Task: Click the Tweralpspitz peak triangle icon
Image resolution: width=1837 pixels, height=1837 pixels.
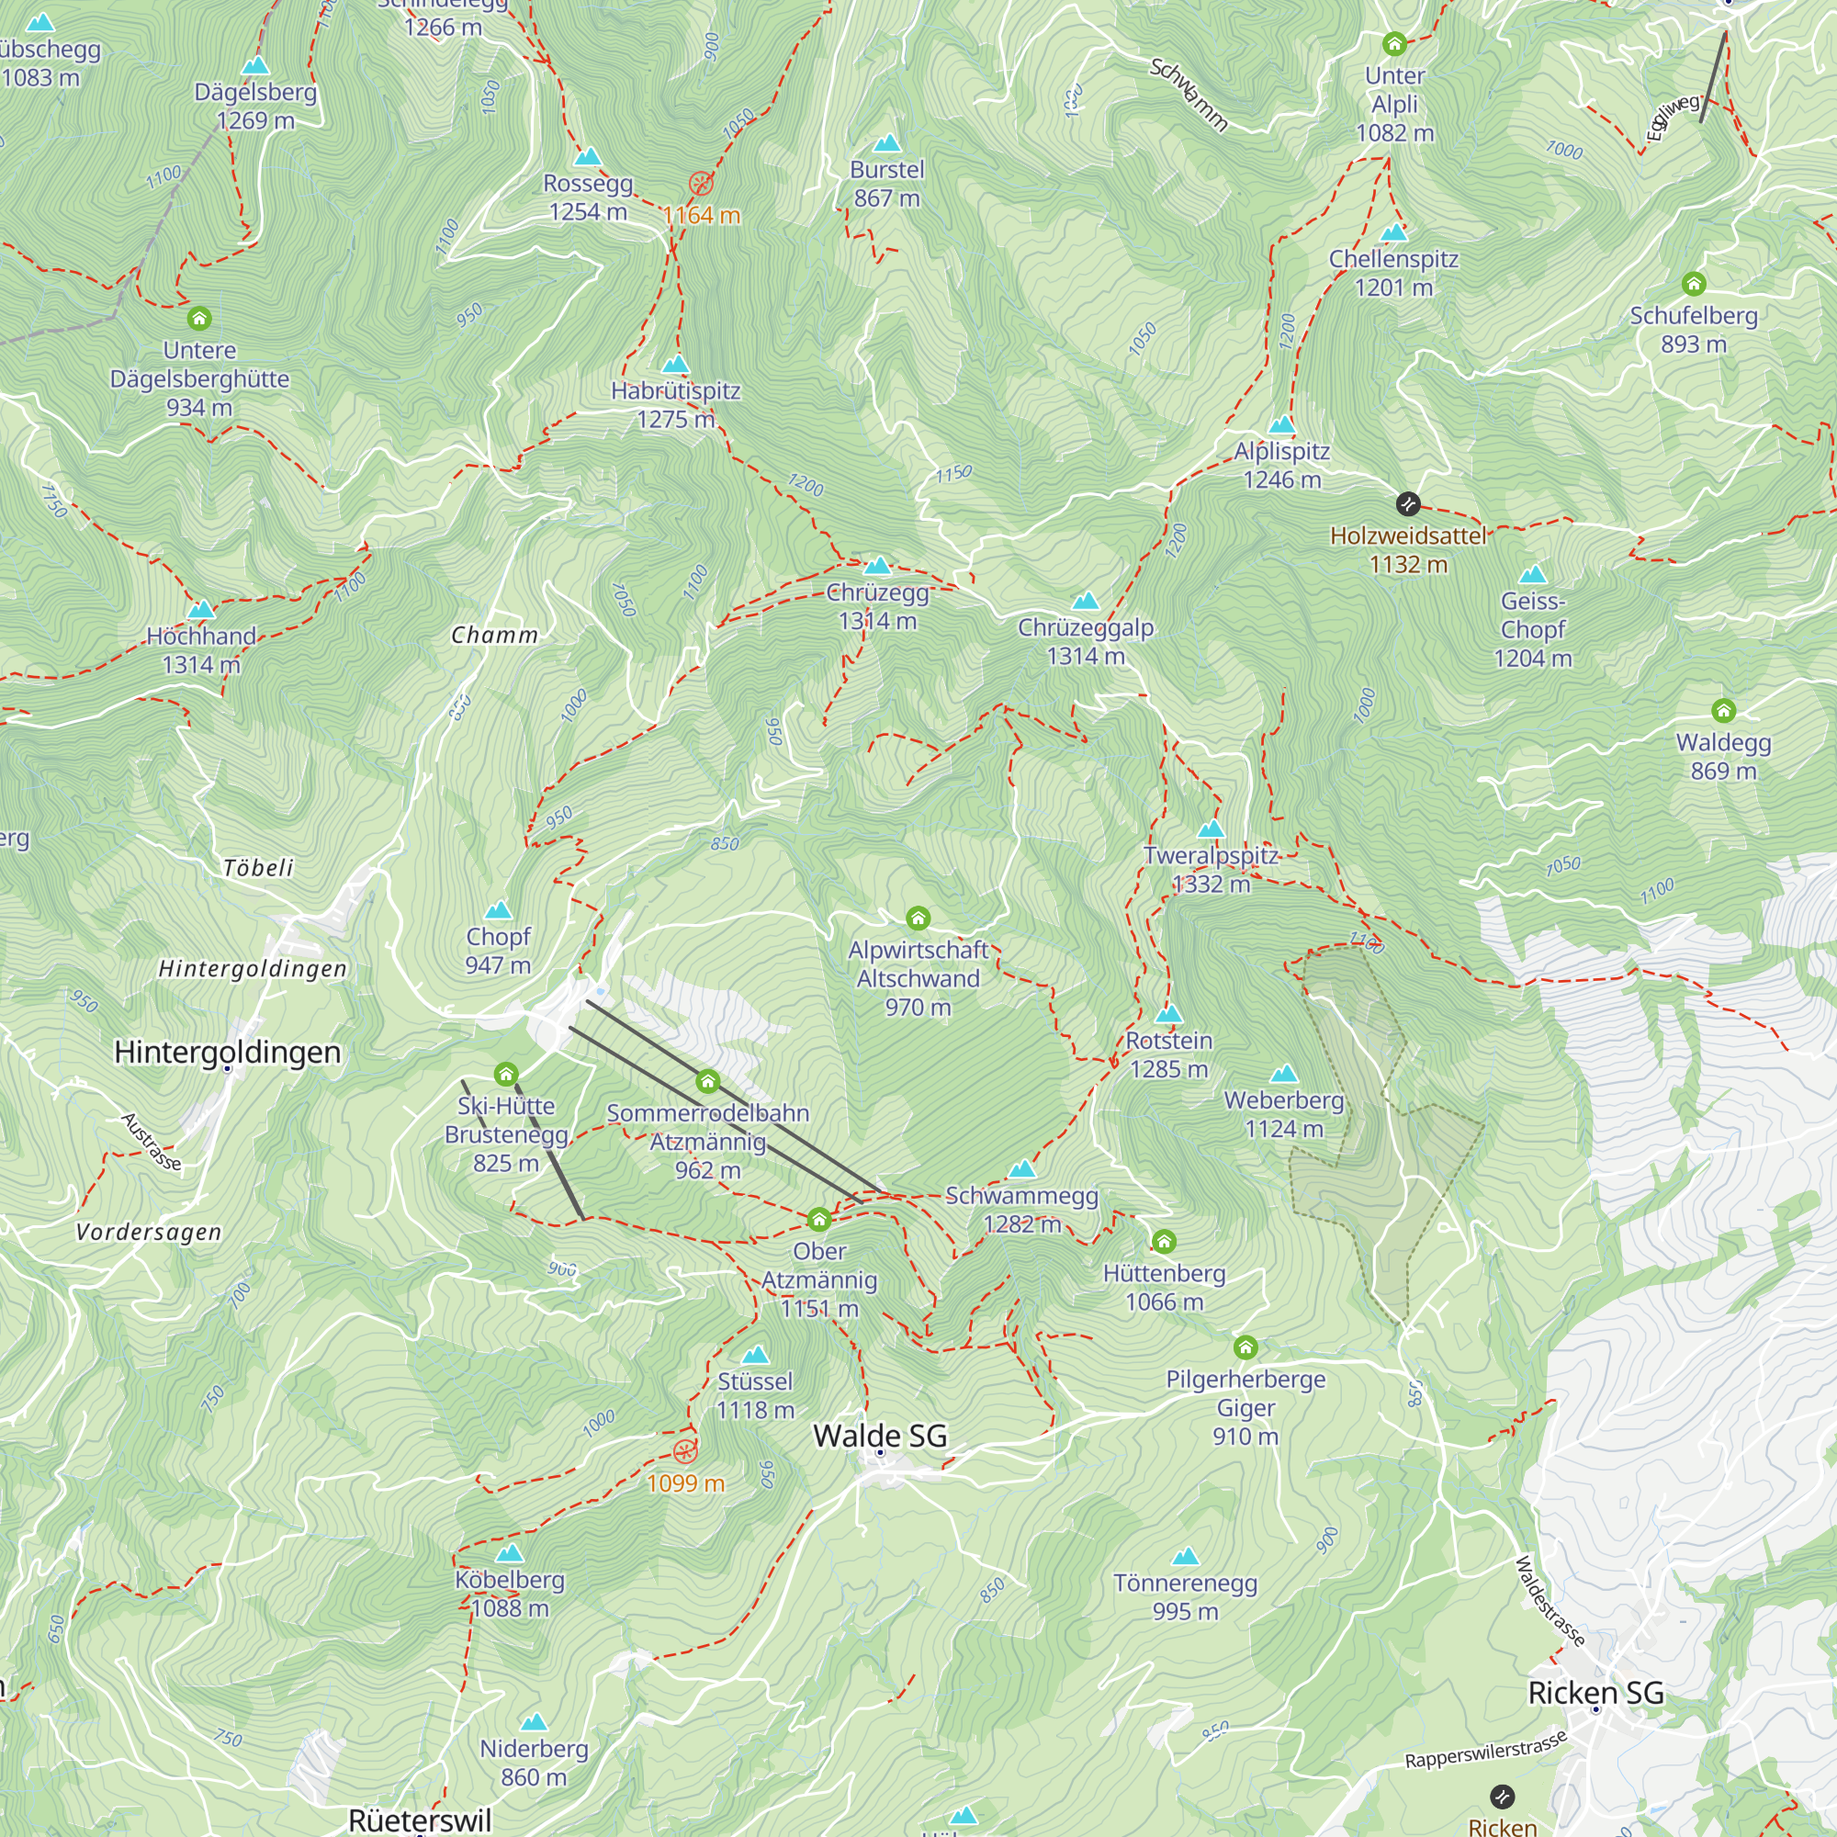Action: (x=1211, y=829)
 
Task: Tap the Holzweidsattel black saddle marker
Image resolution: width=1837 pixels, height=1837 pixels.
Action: (x=1408, y=504)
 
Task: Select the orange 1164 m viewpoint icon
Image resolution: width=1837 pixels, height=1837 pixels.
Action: (x=701, y=184)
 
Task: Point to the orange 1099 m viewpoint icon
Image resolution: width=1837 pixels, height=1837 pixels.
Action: (x=684, y=1451)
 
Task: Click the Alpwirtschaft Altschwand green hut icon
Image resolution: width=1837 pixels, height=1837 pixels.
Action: (x=918, y=918)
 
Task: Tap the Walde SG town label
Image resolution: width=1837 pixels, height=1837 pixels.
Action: (x=880, y=1436)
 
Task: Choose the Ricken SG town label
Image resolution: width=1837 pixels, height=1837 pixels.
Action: (x=1595, y=1693)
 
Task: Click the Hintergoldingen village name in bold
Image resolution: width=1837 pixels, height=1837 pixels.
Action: (x=227, y=1052)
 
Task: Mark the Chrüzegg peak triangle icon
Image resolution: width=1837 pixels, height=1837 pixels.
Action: (x=876, y=567)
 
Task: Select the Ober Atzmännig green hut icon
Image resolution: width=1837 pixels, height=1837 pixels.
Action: (x=818, y=1220)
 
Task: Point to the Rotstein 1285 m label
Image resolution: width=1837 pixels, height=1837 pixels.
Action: (x=1168, y=1054)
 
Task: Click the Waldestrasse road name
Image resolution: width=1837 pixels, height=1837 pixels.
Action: (x=1549, y=1600)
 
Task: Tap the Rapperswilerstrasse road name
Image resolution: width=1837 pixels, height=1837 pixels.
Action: (x=1485, y=1751)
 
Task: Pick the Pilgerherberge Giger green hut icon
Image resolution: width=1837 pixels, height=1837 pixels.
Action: (x=1245, y=1347)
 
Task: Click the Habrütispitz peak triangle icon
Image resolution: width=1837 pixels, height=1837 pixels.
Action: (x=675, y=364)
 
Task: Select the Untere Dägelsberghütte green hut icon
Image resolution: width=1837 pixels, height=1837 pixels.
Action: (x=198, y=319)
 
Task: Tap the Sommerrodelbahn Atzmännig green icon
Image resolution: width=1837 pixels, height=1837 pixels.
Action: (x=707, y=1081)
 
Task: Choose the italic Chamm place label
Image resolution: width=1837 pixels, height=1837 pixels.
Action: (x=494, y=636)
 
